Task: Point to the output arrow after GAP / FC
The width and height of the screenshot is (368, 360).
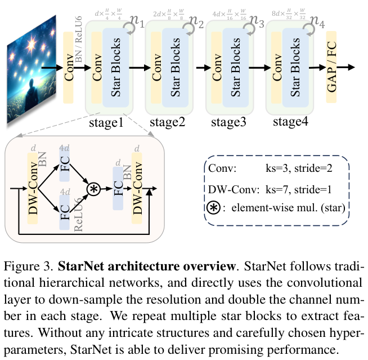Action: [x=349, y=67]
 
